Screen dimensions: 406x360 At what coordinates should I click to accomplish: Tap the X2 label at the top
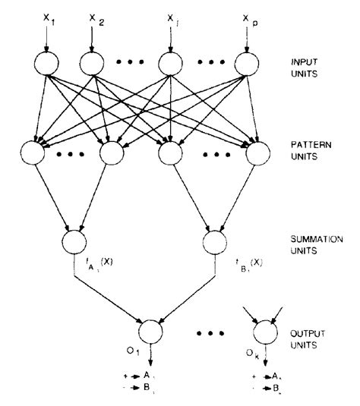coord(93,17)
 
